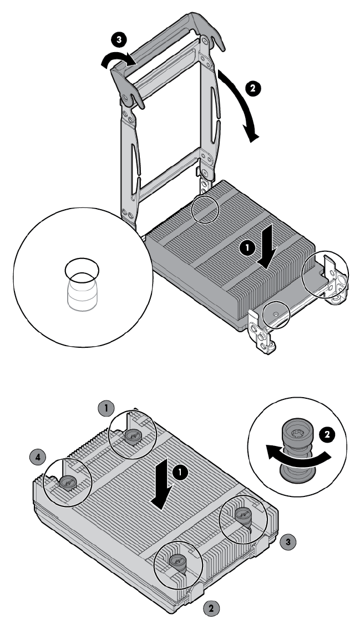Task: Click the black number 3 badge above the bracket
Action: [x=118, y=40]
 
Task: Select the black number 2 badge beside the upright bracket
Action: [x=253, y=88]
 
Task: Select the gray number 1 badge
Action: [x=107, y=409]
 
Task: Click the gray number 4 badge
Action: [x=38, y=456]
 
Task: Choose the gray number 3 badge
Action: [x=288, y=542]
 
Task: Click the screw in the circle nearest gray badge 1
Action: [x=132, y=436]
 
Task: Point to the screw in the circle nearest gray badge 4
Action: [x=67, y=483]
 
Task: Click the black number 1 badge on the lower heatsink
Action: [x=181, y=473]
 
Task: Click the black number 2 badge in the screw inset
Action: [x=327, y=435]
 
